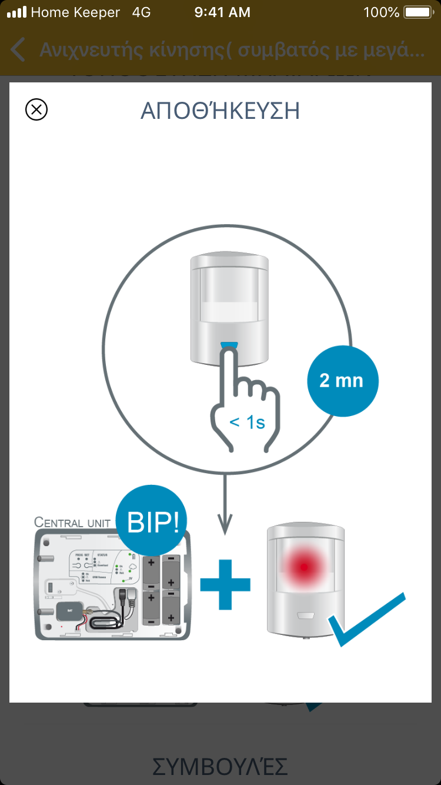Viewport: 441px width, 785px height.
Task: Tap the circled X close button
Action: (x=36, y=110)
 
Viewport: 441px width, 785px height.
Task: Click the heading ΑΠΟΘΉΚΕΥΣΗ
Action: (x=220, y=111)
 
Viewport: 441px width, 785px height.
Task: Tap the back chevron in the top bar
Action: (x=18, y=50)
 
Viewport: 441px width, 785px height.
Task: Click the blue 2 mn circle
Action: (x=342, y=381)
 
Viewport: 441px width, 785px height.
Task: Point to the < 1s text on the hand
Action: (x=247, y=421)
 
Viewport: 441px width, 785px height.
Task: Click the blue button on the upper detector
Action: (x=229, y=345)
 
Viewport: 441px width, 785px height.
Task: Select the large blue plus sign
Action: (x=225, y=584)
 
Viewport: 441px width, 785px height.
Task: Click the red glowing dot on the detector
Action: (x=303, y=567)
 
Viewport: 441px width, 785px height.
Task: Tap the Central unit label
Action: (x=72, y=522)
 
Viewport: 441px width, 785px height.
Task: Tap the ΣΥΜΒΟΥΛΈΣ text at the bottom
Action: (x=220, y=766)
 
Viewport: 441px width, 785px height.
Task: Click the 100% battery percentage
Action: (x=382, y=12)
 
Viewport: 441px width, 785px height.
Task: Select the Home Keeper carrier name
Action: (x=75, y=12)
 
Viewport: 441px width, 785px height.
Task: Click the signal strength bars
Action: (x=16, y=12)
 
